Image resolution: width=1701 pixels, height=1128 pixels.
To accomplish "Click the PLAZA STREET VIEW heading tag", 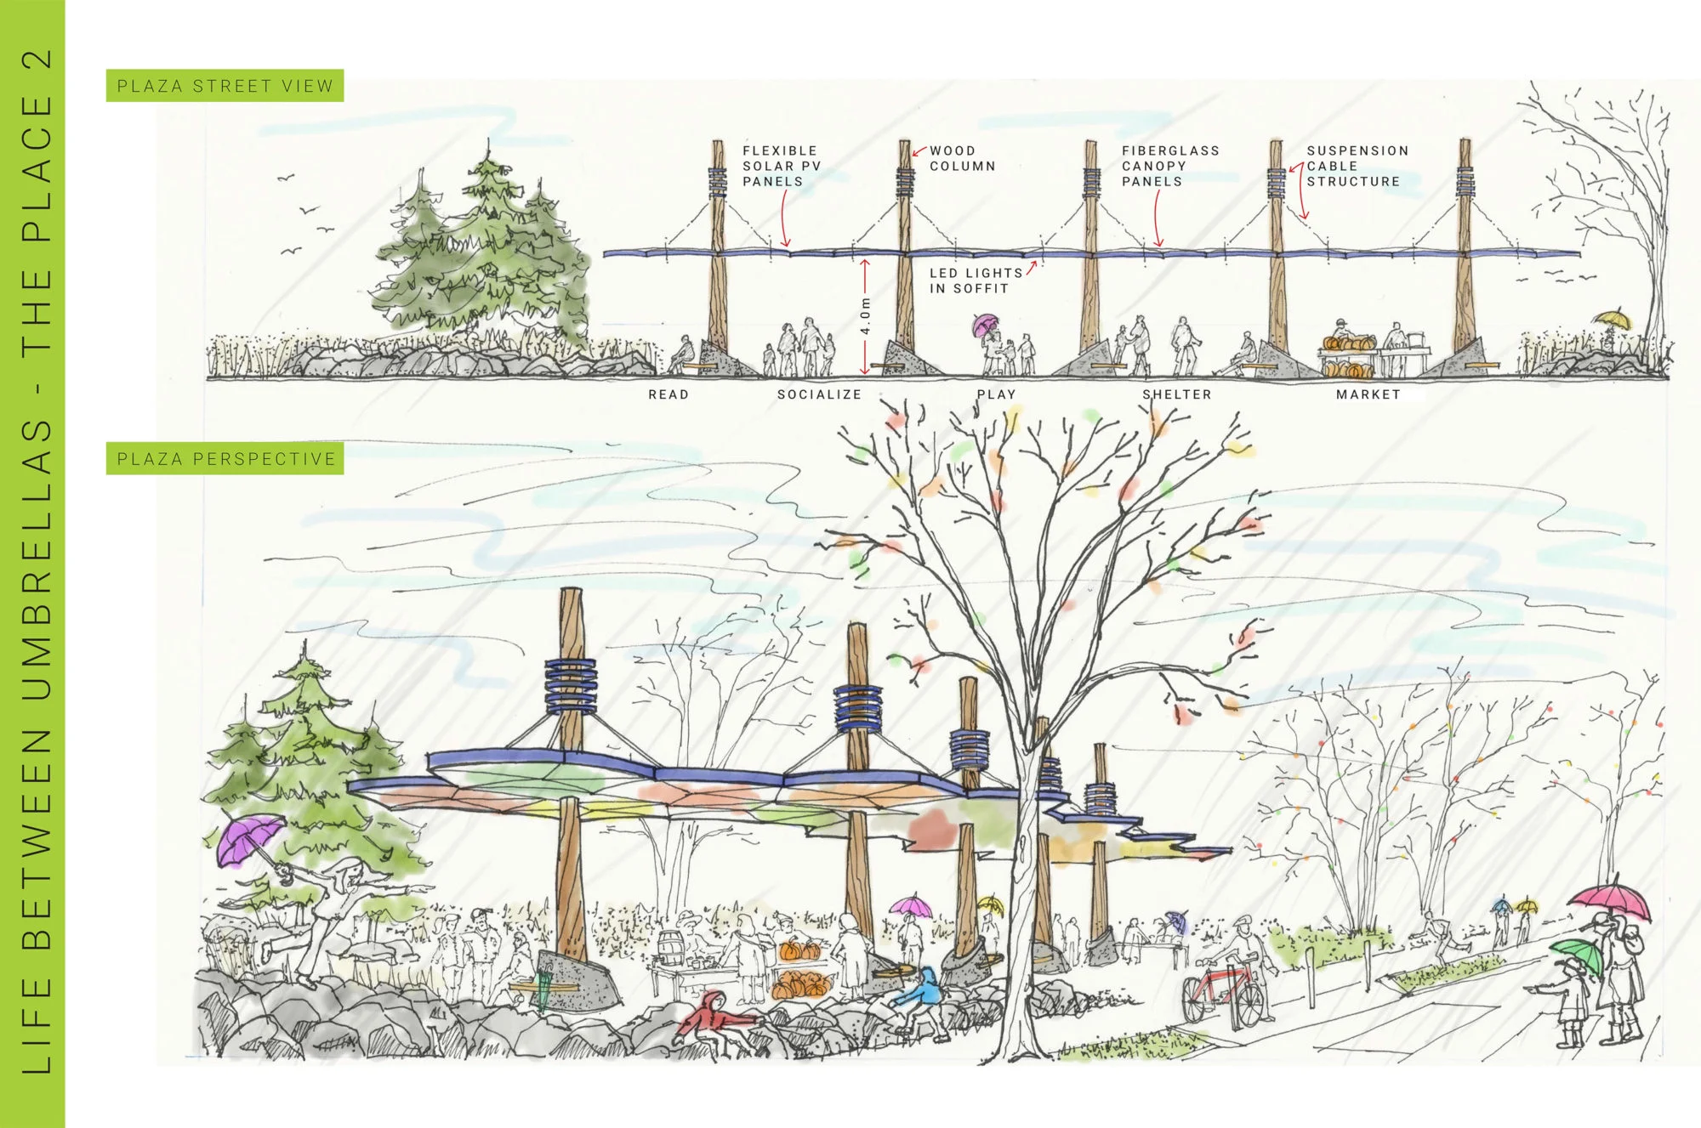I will pyautogui.click(x=225, y=86).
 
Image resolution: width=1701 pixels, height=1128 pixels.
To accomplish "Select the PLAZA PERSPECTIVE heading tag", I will pyautogui.click(x=225, y=459).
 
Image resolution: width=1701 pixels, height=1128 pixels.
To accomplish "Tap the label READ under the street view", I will pyautogui.click(x=668, y=394).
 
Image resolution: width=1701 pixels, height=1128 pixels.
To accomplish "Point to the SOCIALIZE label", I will pyautogui.click(x=819, y=394).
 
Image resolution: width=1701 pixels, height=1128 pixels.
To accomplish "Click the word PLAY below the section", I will pyautogui.click(x=996, y=394).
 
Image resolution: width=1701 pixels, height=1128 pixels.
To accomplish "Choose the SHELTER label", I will pyautogui.click(x=1176, y=394).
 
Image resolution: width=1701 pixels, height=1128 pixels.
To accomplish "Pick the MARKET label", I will pyautogui.click(x=1368, y=394).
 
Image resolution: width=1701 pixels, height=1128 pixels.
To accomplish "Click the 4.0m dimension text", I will pyautogui.click(x=865, y=315).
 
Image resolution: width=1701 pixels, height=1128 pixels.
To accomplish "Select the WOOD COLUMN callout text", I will pyautogui.click(x=962, y=158).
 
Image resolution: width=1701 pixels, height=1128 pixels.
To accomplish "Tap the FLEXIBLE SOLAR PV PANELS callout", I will pyautogui.click(x=781, y=166).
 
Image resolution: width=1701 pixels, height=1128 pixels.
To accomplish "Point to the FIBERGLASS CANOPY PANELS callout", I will pyautogui.click(x=1170, y=166).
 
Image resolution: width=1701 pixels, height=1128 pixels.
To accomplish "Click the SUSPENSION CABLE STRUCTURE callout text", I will pyautogui.click(x=1357, y=166).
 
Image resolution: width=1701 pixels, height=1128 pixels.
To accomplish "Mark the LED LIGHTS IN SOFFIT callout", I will pyautogui.click(x=976, y=281).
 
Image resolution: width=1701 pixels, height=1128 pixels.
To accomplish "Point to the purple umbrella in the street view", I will pyautogui.click(x=986, y=323).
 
